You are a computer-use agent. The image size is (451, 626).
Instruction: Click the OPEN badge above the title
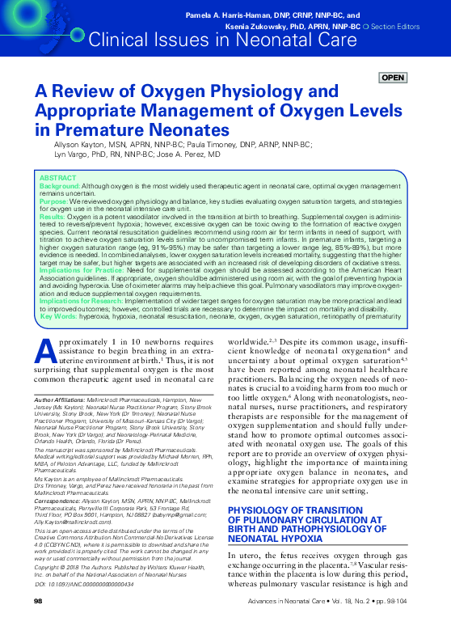coord(392,78)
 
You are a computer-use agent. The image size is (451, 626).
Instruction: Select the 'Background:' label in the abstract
coord(60,185)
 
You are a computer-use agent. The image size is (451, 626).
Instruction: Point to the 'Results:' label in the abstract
coord(53,218)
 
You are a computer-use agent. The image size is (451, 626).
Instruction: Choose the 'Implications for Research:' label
coord(82,322)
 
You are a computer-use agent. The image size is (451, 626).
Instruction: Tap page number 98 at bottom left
coord(38,602)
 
